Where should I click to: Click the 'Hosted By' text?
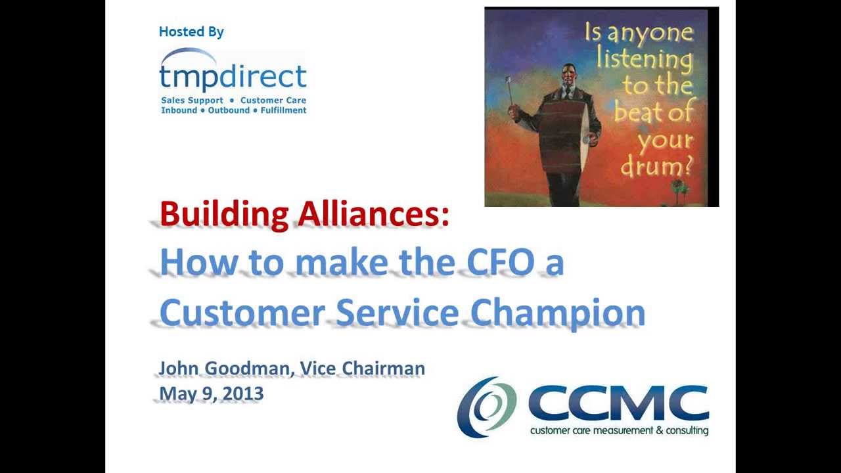(x=191, y=32)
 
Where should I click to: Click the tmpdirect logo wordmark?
(x=233, y=76)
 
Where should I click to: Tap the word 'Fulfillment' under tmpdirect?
(x=283, y=110)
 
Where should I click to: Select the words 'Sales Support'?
(x=192, y=101)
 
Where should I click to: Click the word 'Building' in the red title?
(x=224, y=215)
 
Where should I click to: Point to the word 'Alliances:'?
(x=373, y=215)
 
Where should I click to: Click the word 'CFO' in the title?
(x=500, y=263)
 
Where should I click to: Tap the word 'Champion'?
(x=558, y=313)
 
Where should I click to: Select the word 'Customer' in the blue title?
(x=242, y=313)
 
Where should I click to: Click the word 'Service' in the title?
(x=397, y=313)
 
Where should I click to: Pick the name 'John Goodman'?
(x=223, y=369)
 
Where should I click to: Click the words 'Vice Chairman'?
(x=362, y=369)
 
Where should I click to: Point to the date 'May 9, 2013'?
(x=211, y=394)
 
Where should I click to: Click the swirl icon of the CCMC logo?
(x=487, y=407)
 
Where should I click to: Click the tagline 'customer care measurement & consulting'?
(x=619, y=431)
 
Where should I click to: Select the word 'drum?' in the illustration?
(x=656, y=166)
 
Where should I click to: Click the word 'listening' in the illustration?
(x=644, y=59)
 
